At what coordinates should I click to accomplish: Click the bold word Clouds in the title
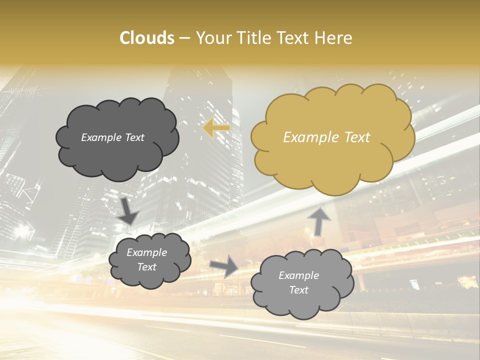[146, 38]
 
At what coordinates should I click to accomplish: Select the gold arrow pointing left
[216, 128]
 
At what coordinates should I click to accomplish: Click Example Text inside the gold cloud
[326, 137]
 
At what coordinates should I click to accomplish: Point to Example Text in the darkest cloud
[112, 137]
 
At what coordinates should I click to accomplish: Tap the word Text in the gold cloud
[355, 137]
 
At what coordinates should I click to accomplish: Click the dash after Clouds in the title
[184, 38]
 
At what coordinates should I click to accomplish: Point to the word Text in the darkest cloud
[133, 137]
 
